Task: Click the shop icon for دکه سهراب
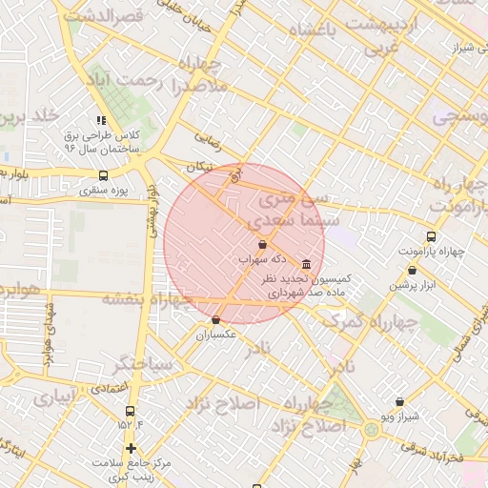point(262,245)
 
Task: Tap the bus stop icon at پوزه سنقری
point(104,176)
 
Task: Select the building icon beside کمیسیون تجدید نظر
point(305,264)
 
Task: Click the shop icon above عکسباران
point(216,320)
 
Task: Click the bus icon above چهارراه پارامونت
point(431,236)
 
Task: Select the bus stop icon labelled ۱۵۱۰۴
point(130,411)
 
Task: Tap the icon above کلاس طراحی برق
point(101,121)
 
